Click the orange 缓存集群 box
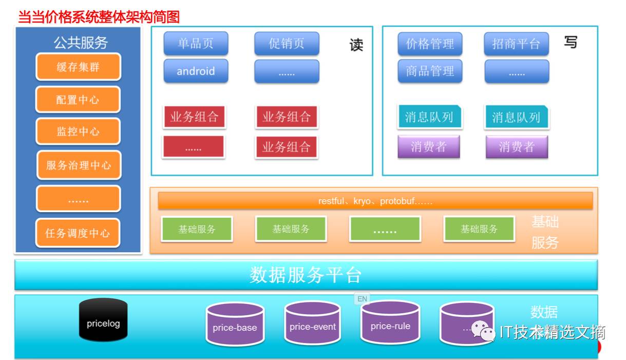pos(78,67)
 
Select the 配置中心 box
pos(78,99)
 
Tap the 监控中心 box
pos(78,131)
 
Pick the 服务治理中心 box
pos(79,165)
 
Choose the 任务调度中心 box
pos(78,233)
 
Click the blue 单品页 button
pos(196,44)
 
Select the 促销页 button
pos(287,44)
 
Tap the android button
pos(196,71)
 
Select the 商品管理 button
pos(430,71)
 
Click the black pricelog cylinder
pos(103,320)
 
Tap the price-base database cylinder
pos(235,325)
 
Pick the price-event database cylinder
pos(312,324)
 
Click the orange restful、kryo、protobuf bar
pos(375,201)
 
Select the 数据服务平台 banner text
pos(306,275)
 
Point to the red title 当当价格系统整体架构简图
pos(99,17)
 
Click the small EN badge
pos(362,298)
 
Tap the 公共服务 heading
pos(81,43)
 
